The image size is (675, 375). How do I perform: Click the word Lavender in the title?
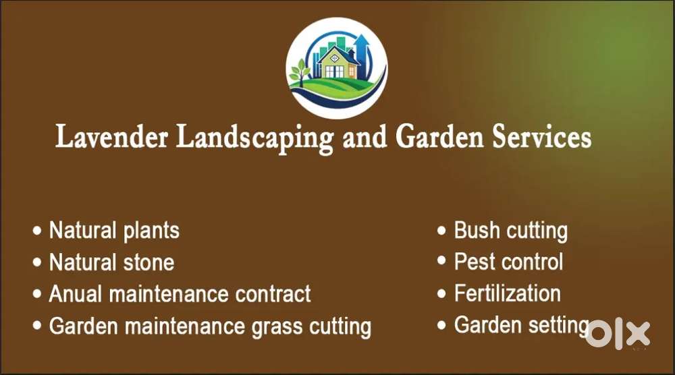click(112, 137)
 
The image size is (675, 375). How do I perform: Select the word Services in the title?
click(541, 137)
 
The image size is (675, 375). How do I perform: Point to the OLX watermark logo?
click(618, 334)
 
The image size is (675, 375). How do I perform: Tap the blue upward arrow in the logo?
click(362, 54)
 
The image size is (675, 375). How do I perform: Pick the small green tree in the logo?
click(300, 72)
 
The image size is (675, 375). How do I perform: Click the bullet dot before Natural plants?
click(37, 231)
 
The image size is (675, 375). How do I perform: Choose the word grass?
click(277, 328)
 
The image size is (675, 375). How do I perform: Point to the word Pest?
click(475, 262)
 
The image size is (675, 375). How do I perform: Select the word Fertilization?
click(508, 293)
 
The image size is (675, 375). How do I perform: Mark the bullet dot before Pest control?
click(441, 260)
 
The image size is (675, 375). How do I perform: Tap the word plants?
click(151, 231)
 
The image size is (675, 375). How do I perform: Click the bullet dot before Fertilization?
click(441, 293)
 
